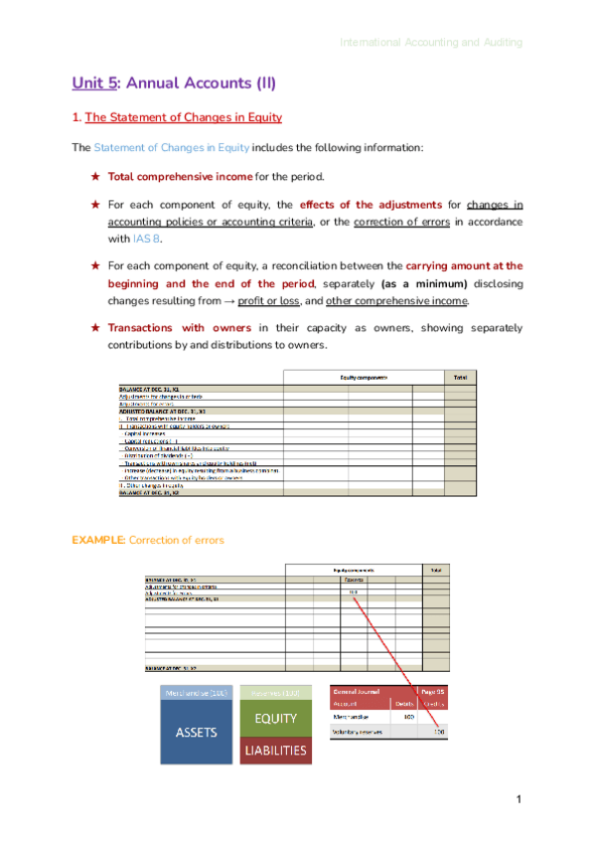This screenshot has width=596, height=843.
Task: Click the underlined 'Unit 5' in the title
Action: [x=93, y=84]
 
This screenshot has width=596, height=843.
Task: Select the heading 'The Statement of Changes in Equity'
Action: [x=184, y=117]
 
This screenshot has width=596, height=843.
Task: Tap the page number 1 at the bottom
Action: [x=519, y=801]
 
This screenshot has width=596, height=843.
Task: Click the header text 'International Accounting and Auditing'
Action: [x=430, y=43]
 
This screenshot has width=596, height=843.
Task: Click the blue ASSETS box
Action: [x=194, y=732]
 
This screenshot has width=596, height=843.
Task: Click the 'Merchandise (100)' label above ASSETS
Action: [x=194, y=692]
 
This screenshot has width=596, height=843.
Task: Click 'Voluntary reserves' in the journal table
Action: [x=360, y=733]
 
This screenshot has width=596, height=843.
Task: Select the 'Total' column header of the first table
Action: [x=460, y=378]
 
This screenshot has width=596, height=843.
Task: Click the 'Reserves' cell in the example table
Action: [x=353, y=579]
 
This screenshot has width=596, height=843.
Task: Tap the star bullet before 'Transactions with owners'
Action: [x=95, y=327]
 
